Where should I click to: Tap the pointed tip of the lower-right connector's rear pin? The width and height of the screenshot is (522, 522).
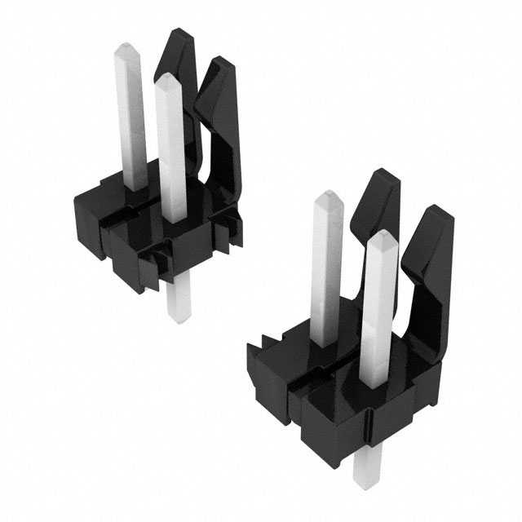pos(329,197)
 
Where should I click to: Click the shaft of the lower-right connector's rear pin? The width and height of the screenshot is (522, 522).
pos(327,269)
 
